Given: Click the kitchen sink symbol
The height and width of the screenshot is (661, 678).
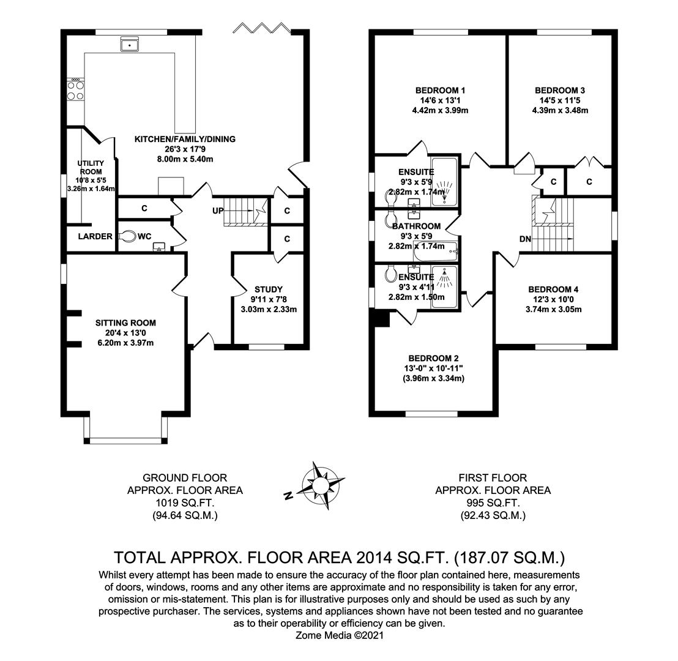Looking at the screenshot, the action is (x=129, y=43).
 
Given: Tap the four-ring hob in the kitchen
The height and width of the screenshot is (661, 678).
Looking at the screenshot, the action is (x=75, y=91).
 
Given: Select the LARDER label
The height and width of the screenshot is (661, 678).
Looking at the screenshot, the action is (x=95, y=236).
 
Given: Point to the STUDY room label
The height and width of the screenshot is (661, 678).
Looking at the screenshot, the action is (x=269, y=289).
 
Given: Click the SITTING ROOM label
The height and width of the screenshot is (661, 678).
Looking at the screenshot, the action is (x=125, y=323).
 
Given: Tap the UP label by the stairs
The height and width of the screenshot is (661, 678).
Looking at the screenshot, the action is (x=218, y=211).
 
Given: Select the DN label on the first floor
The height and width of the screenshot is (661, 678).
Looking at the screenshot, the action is (x=526, y=239).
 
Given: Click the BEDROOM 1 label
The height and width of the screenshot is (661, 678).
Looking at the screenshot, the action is (x=440, y=91).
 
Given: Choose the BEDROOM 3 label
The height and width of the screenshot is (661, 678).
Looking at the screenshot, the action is (x=560, y=91).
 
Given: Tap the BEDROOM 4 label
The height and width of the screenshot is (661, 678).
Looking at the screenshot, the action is (x=553, y=289).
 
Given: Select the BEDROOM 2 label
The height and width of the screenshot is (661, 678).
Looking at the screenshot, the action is (x=434, y=358).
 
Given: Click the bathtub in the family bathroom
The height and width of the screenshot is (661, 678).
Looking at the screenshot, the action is (x=436, y=252).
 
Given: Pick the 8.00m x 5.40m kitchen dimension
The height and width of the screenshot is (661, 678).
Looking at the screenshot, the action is (x=185, y=159).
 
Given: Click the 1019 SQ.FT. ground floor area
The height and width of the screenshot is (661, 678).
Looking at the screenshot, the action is (x=185, y=502).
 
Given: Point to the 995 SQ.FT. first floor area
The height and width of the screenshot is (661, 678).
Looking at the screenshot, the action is (x=493, y=502).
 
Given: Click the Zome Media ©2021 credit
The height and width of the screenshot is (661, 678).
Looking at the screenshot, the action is (x=340, y=635).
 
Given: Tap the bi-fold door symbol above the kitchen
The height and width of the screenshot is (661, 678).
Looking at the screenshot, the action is (x=262, y=28).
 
